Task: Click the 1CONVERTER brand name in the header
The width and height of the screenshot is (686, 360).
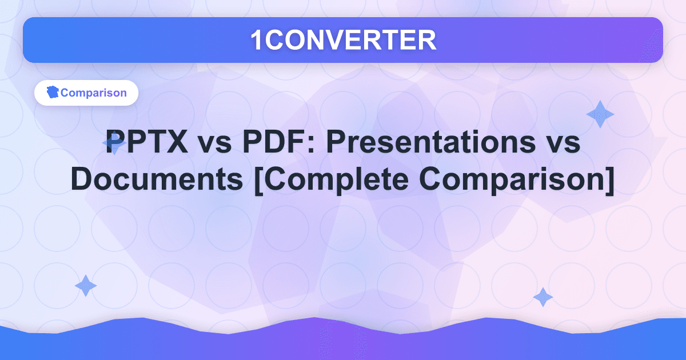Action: [x=343, y=40]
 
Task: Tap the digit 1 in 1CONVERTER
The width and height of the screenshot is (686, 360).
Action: [x=257, y=40]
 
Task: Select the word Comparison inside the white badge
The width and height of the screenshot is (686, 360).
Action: [x=94, y=93]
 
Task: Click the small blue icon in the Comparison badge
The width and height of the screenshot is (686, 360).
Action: [x=53, y=93]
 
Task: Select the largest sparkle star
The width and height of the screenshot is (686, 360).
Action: [x=600, y=114]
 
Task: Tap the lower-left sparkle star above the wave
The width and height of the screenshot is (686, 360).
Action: [x=86, y=286]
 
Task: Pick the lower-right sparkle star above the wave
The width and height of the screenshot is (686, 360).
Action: [x=543, y=297]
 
